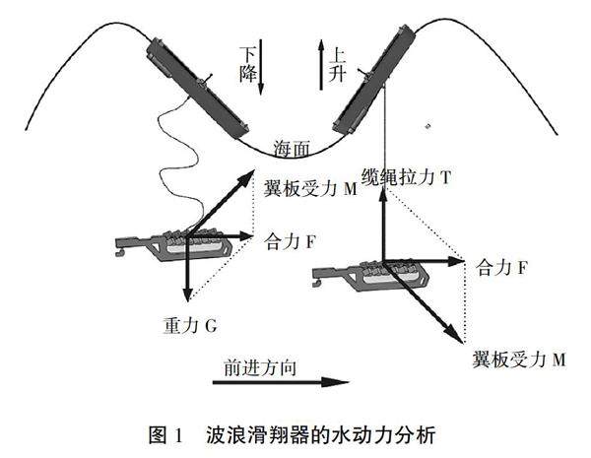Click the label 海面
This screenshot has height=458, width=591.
(292, 149)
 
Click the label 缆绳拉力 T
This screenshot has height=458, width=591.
(407, 177)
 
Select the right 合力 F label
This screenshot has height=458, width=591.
(503, 266)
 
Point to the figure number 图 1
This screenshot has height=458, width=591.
(163, 432)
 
